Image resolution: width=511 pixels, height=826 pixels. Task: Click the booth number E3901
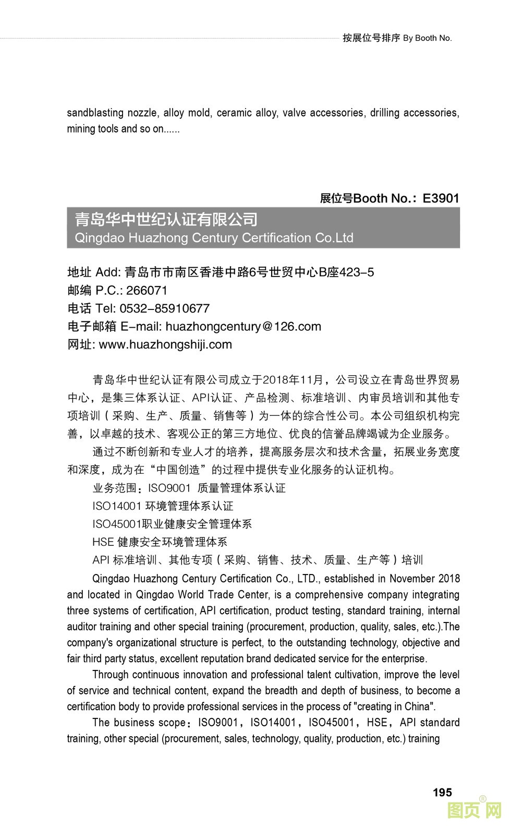click(x=441, y=198)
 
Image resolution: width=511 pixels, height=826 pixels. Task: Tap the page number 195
click(x=442, y=792)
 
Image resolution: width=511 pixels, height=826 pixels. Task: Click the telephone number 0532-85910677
click(x=164, y=308)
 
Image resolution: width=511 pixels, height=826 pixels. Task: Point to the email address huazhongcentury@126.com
click(x=243, y=327)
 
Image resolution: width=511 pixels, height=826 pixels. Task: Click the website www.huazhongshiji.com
click(x=165, y=344)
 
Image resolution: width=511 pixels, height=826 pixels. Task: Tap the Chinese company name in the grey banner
click(x=166, y=219)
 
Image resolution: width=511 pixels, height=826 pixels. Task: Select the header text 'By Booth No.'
click(x=427, y=38)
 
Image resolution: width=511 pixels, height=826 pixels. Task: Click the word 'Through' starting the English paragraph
click(x=110, y=675)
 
